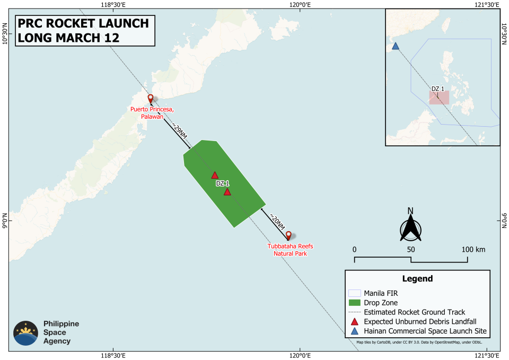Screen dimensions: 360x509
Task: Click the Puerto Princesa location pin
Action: [151, 99]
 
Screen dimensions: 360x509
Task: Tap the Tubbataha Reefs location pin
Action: [288, 235]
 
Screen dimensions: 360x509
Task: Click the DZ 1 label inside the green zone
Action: [223, 183]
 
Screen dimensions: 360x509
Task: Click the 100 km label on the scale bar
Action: [474, 249]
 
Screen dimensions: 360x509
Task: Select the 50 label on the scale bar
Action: [410, 249]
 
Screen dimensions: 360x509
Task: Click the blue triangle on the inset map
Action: [395, 46]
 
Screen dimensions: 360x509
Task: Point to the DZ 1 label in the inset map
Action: [437, 89]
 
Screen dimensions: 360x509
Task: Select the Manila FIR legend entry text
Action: [382, 293]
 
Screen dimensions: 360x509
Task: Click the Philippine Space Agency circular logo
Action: [25, 333]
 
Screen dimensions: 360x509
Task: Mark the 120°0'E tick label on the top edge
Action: [299, 5]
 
